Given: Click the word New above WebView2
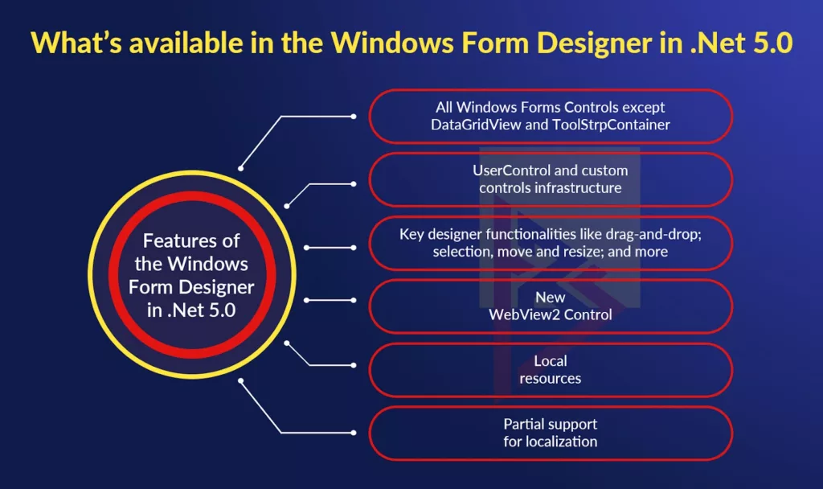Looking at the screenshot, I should coord(551,298).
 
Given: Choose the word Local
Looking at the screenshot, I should coord(551,361).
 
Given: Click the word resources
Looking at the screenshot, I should coord(551,378).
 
